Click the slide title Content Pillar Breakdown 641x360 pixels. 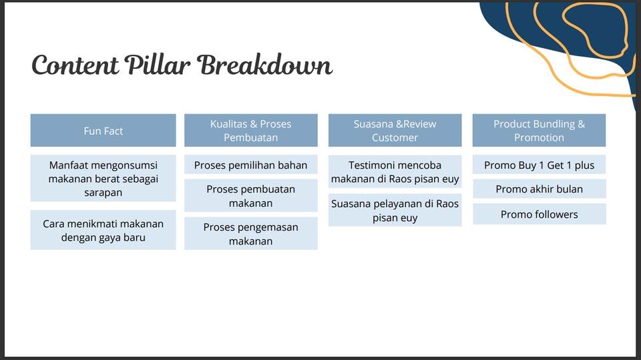click(x=182, y=66)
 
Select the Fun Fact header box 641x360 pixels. click(x=103, y=131)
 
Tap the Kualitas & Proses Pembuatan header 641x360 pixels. click(x=250, y=131)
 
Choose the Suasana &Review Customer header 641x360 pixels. click(x=395, y=131)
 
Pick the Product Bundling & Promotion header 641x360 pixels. click(x=539, y=131)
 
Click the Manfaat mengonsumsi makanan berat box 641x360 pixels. click(x=103, y=178)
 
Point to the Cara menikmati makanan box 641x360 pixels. click(x=103, y=230)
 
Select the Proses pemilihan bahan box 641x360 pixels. click(x=250, y=165)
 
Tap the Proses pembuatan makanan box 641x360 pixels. click(x=250, y=196)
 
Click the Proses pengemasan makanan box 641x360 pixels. click(x=250, y=234)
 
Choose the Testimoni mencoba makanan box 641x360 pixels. click(x=395, y=172)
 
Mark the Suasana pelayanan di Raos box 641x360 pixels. click(x=395, y=210)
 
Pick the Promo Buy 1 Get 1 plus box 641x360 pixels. click(x=539, y=165)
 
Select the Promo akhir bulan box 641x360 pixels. click(x=539, y=189)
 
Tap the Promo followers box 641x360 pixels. click(x=539, y=214)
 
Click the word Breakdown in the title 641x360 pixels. click(x=265, y=66)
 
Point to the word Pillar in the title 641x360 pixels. click(x=160, y=66)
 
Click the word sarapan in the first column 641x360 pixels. click(x=103, y=192)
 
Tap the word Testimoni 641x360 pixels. click(x=371, y=165)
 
